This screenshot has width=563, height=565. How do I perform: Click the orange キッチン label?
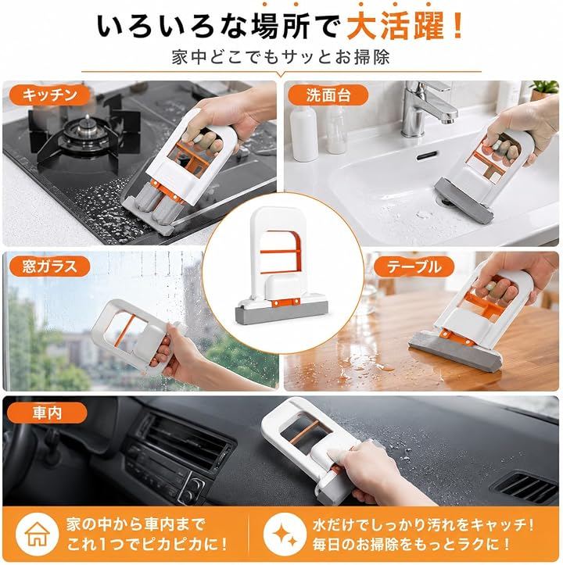click(49, 95)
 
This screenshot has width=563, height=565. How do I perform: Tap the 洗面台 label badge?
click(328, 95)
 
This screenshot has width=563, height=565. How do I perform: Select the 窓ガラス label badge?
click(49, 266)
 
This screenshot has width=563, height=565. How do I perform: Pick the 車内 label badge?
click(47, 413)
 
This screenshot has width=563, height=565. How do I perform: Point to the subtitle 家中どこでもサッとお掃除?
click(281, 57)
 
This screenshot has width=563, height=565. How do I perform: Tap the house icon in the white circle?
click(38, 534)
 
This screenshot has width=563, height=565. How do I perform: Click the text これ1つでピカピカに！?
click(147, 544)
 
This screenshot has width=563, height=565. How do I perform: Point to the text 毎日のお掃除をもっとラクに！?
click(411, 544)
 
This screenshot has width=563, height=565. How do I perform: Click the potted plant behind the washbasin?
click(544, 90)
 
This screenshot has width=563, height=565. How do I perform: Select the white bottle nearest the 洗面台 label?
click(304, 133)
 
